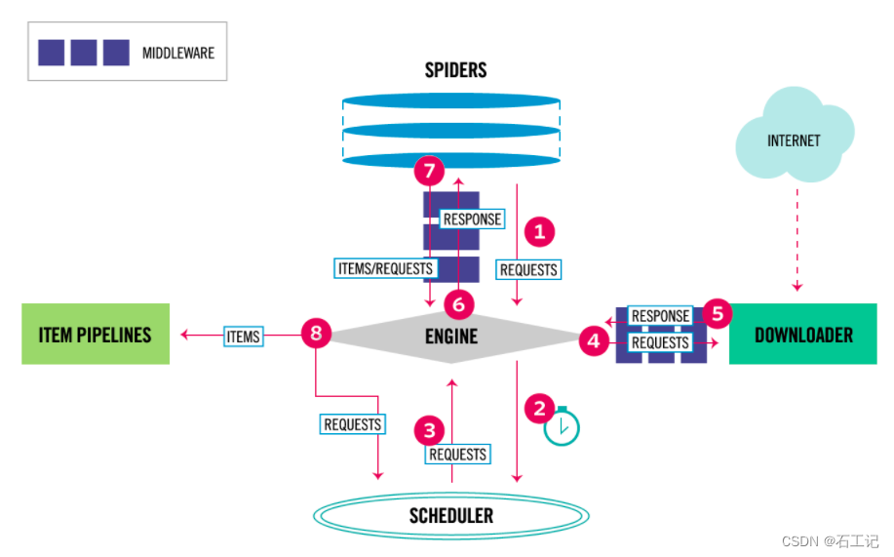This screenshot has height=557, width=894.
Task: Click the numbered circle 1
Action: (539, 232)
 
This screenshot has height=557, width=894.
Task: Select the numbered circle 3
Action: (428, 430)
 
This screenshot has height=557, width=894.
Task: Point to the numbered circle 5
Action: (718, 313)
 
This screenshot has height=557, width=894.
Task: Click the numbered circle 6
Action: (459, 304)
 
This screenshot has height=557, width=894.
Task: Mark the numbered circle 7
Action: (428, 172)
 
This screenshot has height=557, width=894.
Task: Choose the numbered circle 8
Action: (315, 334)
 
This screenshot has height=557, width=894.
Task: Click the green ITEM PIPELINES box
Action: (96, 335)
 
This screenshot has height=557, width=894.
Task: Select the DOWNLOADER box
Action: (802, 335)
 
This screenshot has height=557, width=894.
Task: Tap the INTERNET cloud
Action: (794, 139)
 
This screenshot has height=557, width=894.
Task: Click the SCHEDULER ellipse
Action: (450, 515)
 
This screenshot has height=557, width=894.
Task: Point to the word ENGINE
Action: (451, 336)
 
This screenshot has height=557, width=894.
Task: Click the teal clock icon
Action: (562, 427)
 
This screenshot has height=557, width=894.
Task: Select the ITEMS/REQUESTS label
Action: (385, 267)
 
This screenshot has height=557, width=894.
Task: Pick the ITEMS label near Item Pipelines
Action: (243, 337)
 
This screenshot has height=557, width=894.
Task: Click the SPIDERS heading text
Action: (455, 70)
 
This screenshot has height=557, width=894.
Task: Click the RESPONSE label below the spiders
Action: (472, 219)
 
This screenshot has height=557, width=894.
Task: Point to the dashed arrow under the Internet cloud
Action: (797, 239)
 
